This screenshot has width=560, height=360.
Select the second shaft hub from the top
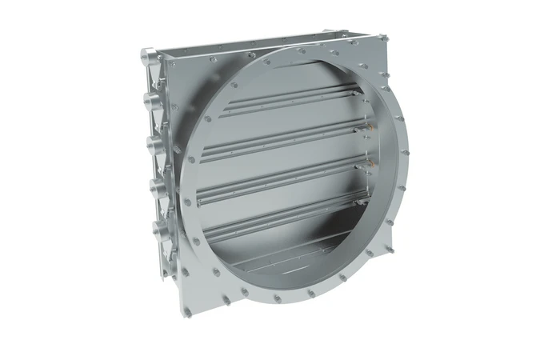148,102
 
